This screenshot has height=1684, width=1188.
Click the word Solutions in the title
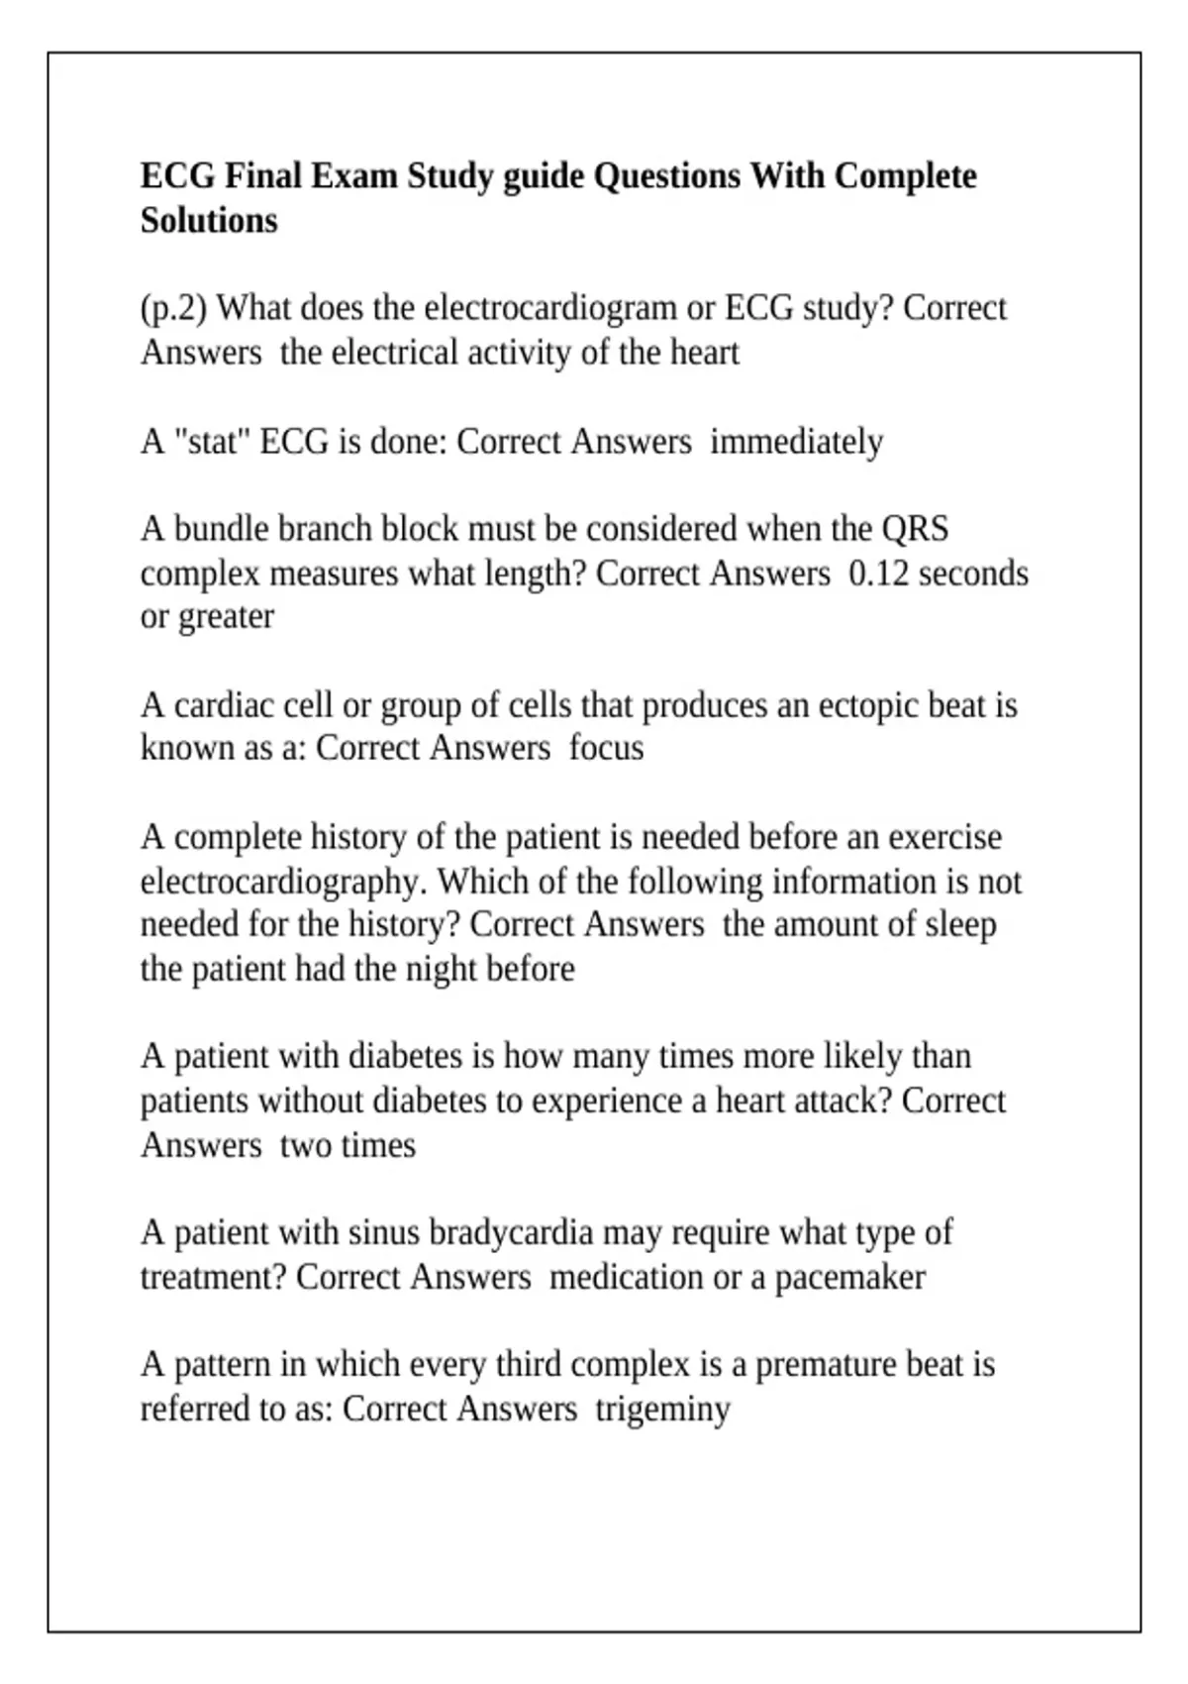coord(209,220)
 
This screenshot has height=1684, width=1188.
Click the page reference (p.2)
coord(173,308)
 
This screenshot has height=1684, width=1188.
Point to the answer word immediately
coord(797,441)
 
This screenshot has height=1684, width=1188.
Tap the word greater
coord(226,617)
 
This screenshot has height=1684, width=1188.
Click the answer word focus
coord(606,748)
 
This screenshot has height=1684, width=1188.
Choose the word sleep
coord(960,924)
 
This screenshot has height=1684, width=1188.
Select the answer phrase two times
coord(347,1145)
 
